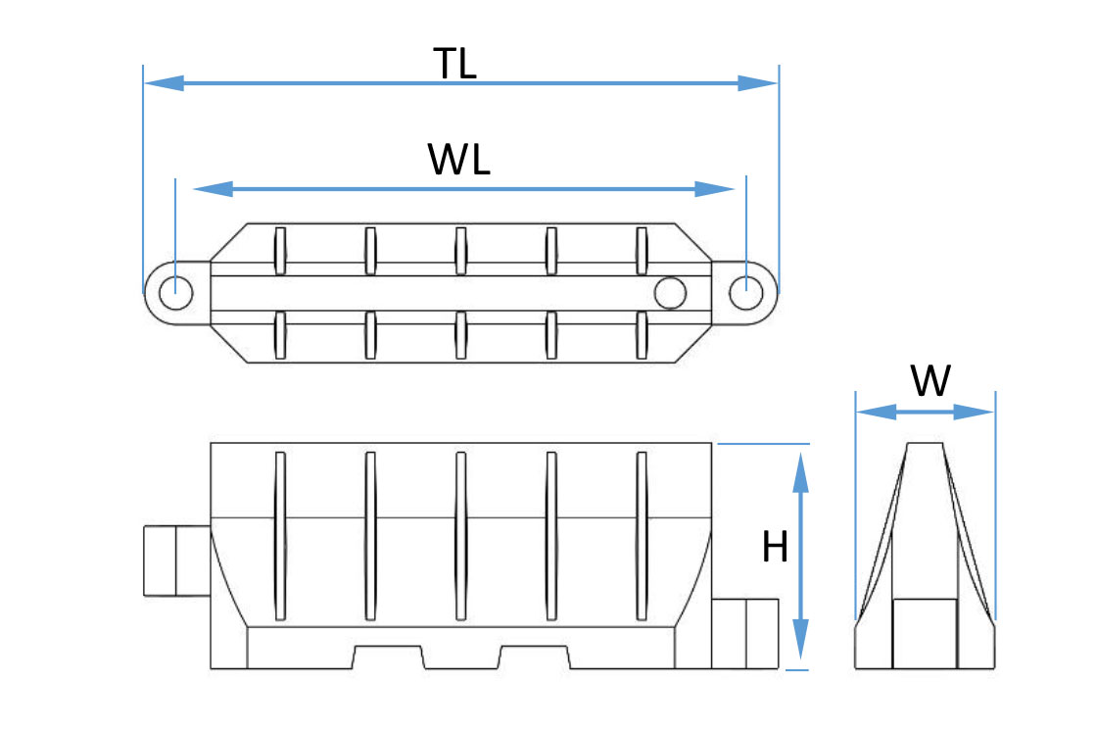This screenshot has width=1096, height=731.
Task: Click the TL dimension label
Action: coord(454,63)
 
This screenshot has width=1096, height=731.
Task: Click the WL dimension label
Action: coord(458,159)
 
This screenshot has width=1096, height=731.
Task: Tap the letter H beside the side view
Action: coord(775,547)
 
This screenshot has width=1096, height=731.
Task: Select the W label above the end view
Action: coord(930,380)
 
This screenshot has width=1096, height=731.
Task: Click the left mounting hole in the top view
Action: coord(175,292)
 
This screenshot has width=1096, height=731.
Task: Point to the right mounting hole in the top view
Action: coord(745,292)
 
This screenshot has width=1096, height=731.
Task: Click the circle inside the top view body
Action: coord(670,292)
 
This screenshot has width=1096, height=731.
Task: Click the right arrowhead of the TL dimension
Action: coord(758,83)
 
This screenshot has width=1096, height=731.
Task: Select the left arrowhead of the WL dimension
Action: coord(214,189)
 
